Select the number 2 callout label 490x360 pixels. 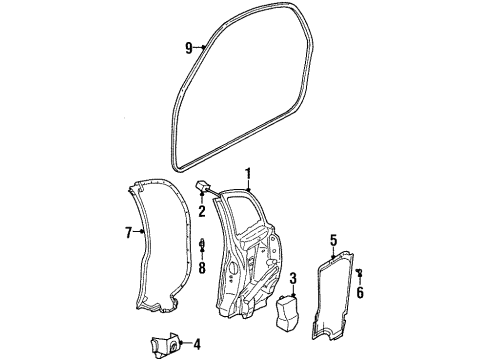(201, 211)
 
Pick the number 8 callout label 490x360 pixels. (201, 268)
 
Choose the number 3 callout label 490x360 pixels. (293, 277)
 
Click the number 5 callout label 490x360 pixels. (333, 239)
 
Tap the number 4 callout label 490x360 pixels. (195, 346)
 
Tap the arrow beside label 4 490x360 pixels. (183, 346)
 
